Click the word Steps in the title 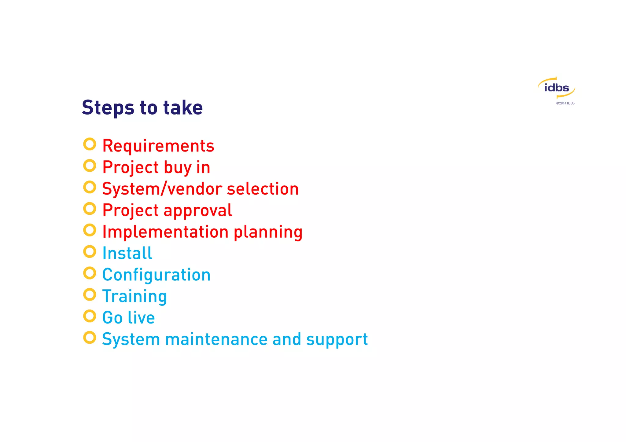(x=108, y=108)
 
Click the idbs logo (x=556, y=88)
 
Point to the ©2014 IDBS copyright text (x=565, y=103)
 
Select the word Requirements (x=158, y=146)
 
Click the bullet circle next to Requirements (x=90, y=144)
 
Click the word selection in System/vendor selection (x=263, y=189)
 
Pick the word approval (x=198, y=210)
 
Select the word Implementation (x=165, y=232)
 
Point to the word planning (x=268, y=232)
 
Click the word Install (x=127, y=253)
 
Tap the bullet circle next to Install (x=90, y=251)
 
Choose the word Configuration (x=156, y=275)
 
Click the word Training (x=134, y=296)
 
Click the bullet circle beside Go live (x=90, y=316)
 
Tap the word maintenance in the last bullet (x=216, y=339)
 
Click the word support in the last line (x=337, y=340)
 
